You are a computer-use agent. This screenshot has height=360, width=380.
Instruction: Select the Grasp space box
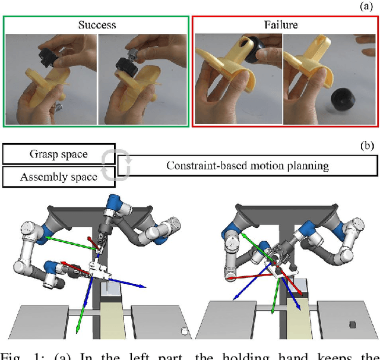tap(58, 154)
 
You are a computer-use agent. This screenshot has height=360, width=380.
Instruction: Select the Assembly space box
tap(58, 176)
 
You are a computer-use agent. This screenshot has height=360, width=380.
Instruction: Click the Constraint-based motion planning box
tap(248, 166)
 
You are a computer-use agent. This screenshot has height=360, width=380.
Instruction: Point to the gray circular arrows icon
tap(110, 165)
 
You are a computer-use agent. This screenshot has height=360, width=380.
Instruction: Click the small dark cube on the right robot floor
tap(353, 326)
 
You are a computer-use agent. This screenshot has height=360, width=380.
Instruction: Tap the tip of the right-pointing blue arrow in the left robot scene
tap(145, 286)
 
